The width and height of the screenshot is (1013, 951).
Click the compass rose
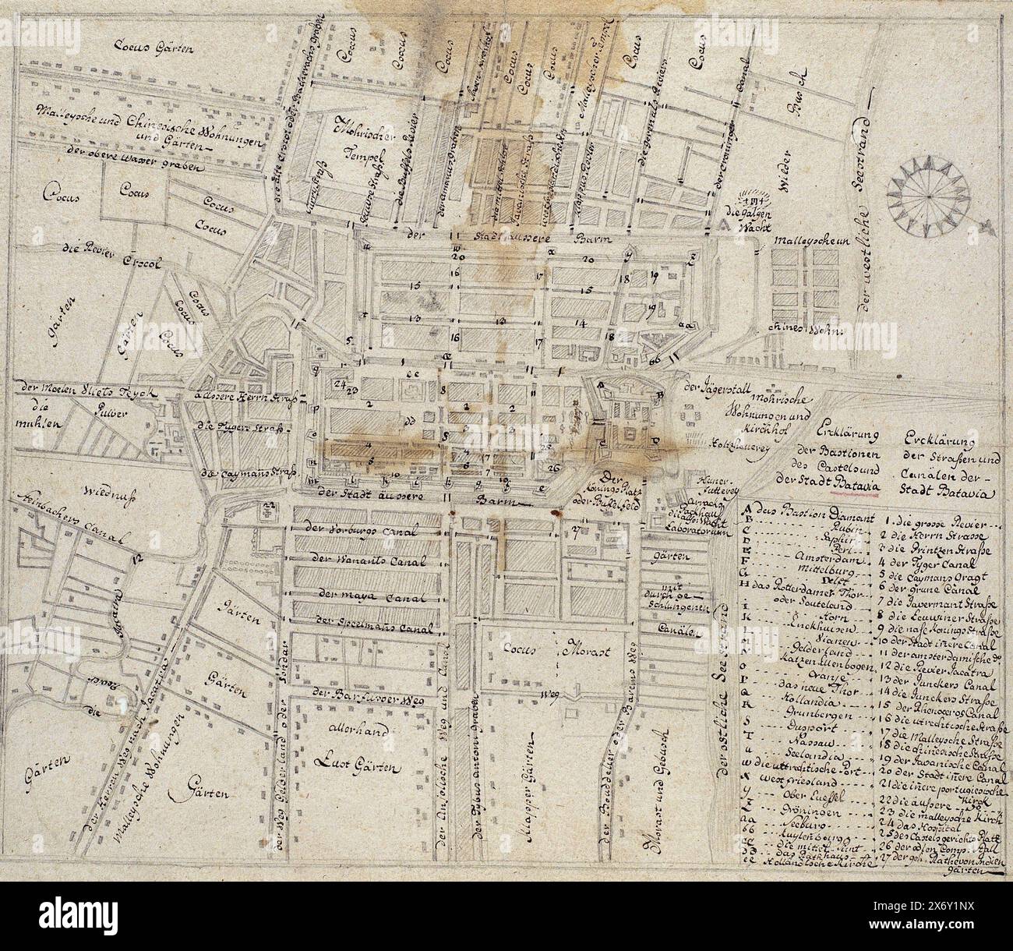[x=926, y=196]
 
